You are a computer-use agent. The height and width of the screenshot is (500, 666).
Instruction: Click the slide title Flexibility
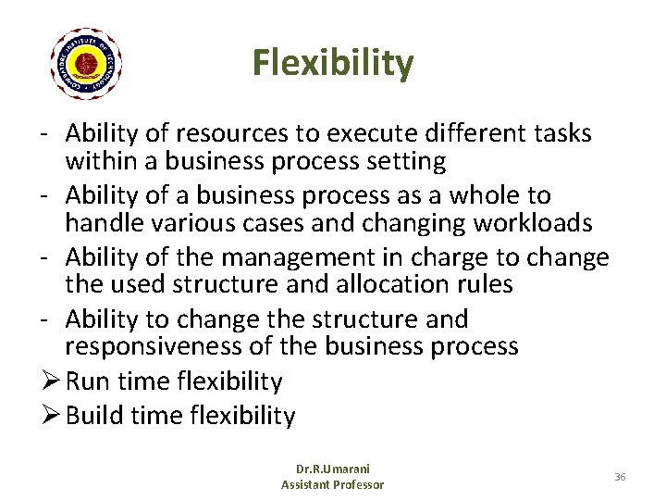click(333, 63)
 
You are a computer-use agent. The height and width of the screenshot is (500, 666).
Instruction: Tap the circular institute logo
click(86, 64)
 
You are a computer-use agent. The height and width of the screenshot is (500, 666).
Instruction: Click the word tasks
click(562, 134)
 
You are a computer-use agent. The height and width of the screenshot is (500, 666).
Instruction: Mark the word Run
click(87, 381)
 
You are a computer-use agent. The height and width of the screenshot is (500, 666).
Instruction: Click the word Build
click(95, 416)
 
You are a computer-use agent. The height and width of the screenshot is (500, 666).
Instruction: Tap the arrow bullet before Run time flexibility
click(52, 381)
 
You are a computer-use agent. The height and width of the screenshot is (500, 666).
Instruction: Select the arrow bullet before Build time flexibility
click(52, 416)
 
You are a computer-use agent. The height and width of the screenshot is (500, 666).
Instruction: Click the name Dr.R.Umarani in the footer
click(332, 469)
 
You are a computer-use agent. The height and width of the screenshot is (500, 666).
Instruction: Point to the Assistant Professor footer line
click(332, 484)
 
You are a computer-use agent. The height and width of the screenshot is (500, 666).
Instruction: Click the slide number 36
click(619, 476)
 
